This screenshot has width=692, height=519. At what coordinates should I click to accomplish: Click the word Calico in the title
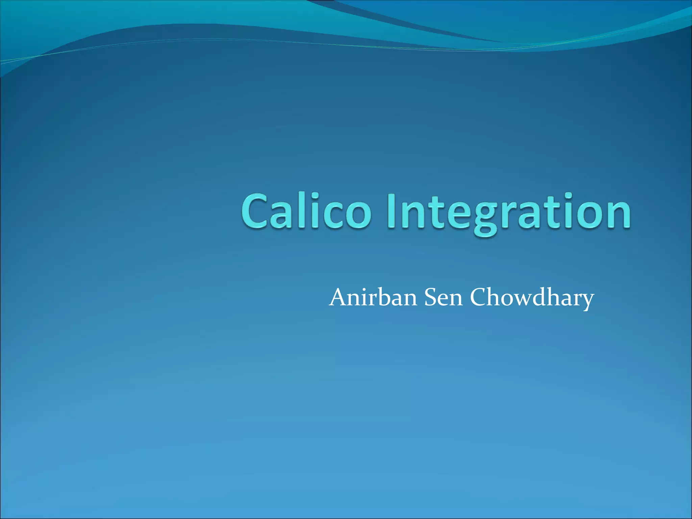pyautogui.click(x=306, y=211)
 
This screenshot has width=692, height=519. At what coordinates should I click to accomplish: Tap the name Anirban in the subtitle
pyautogui.click(x=373, y=298)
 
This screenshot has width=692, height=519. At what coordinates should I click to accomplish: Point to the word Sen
pyautogui.click(x=443, y=298)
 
